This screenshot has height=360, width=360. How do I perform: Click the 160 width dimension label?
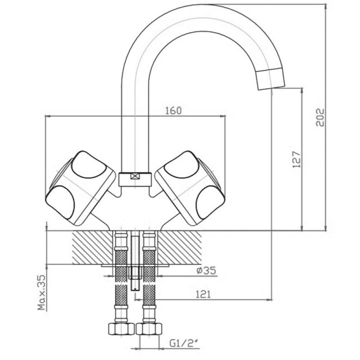pyautogui.click(x=173, y=111)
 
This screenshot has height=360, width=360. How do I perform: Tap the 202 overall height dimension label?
pyautogui.click(x=319, y=117)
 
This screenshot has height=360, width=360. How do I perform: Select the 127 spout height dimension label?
pyautogui.click(x=297, y=159)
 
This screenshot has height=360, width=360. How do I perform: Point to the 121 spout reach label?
pyautogui.click(x=203, y=294)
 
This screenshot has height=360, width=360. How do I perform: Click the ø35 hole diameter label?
pyautogui.click(x=206, y=270)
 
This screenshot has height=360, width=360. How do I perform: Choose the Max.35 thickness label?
pyautogui.click(x=42, y=292)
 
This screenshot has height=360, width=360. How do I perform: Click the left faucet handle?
pyautogui.click(x=81, y=188)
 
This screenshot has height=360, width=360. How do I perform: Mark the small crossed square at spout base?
pyautogui.click(x=135, y=176)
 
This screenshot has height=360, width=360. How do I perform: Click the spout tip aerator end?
pyautogui.click(x=270, y=78)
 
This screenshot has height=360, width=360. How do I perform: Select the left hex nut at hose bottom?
pyautogui.click(x=121, y=329)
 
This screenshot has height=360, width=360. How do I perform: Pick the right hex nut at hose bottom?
pyautogui.click(x=149, y=329)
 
